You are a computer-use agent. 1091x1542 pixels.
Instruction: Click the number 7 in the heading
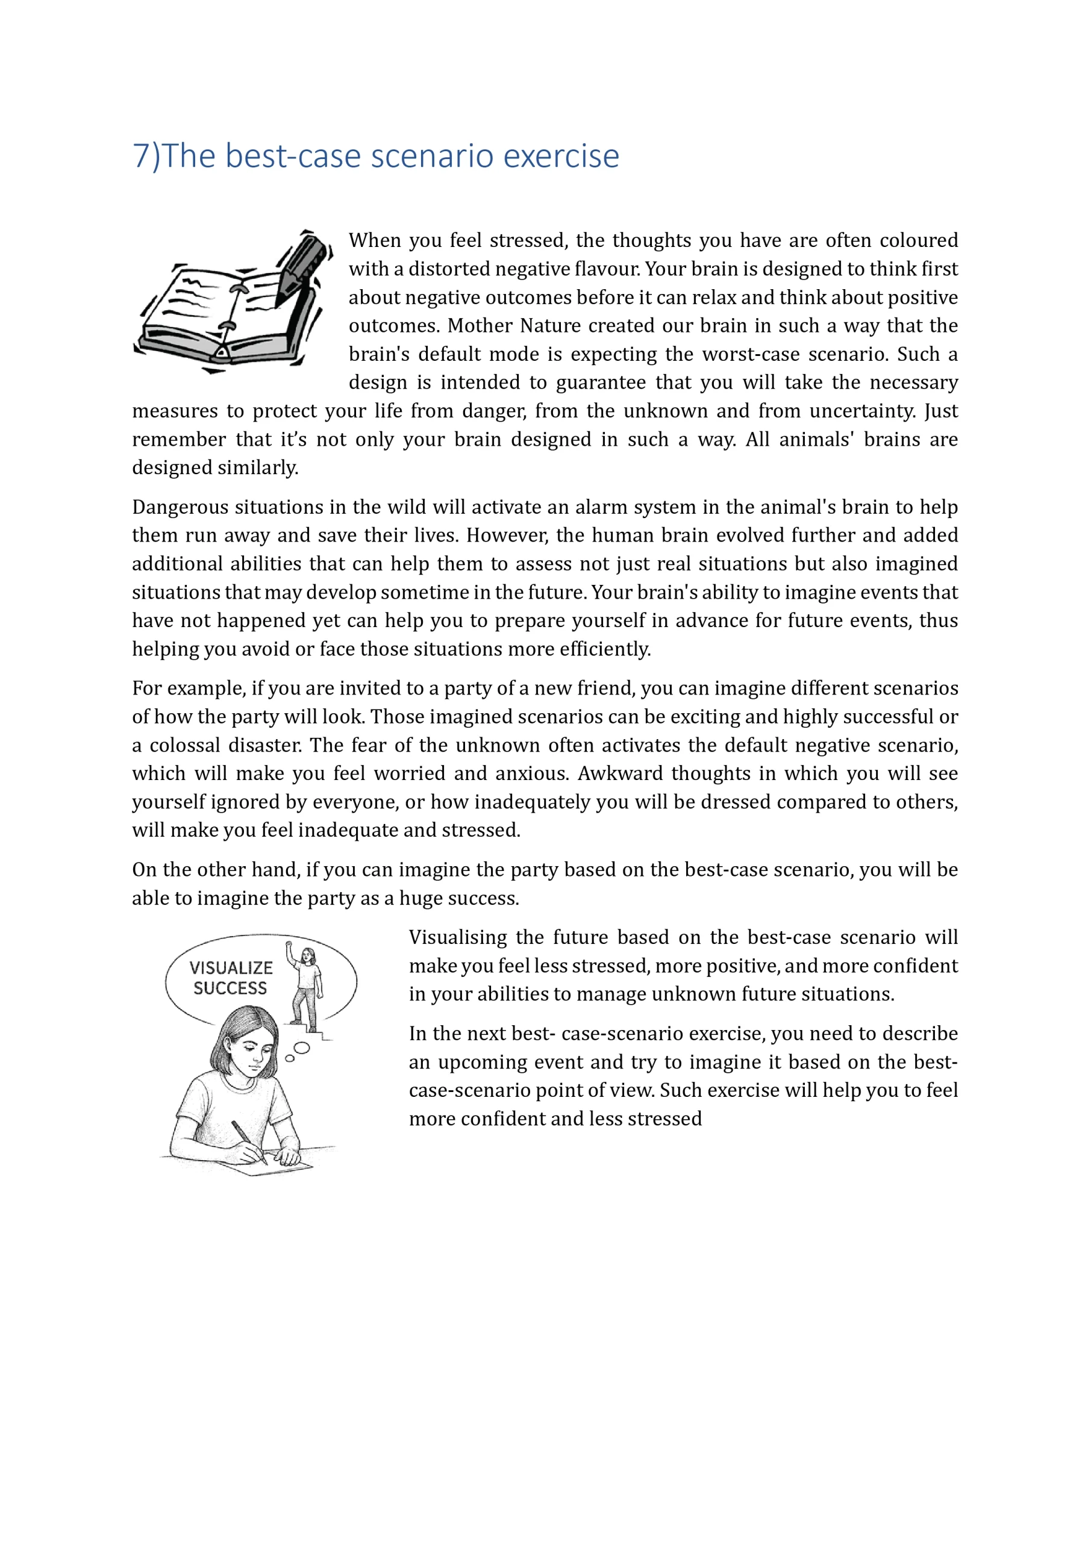click(142, 156)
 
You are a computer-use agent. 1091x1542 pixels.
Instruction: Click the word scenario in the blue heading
click(433, 156)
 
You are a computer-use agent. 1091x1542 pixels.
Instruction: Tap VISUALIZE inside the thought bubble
click(231, 968)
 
